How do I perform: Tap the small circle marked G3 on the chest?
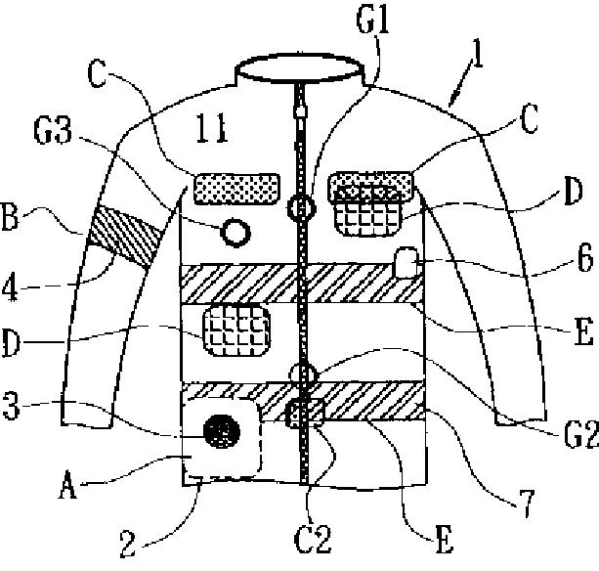pos(235,233)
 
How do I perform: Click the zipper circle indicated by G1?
pos(303,207)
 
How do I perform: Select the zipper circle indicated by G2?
pos(303,373)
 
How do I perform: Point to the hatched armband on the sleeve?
pos(126,239)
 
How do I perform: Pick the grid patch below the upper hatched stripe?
pos(235,328)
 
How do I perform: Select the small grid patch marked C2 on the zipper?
pos(305,415)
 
